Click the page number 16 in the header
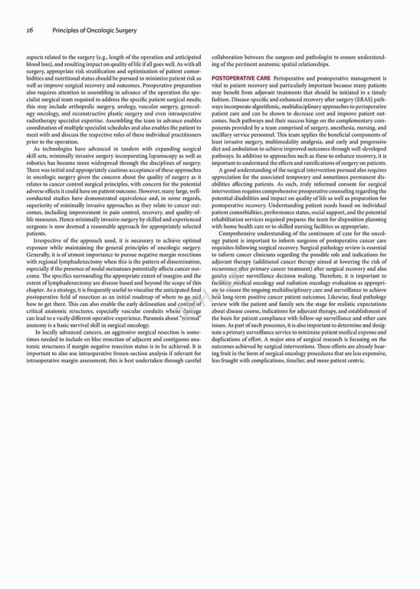[29, 30]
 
